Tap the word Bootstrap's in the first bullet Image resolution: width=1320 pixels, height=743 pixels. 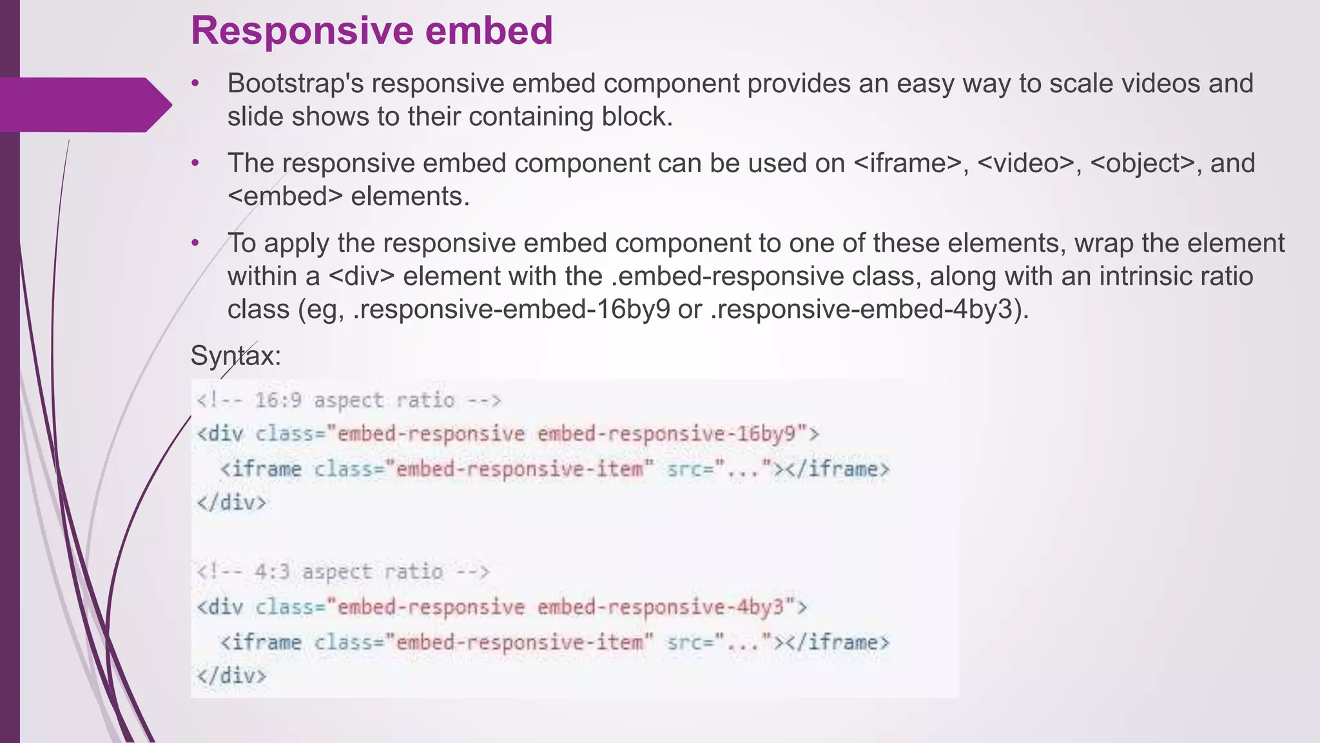pyautogui.click(x=296, y=84)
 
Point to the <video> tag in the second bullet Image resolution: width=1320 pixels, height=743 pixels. pyautogui.click(x=1025, y=163)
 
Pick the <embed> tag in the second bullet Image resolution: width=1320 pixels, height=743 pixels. pyautogui.click(x=285, y=196)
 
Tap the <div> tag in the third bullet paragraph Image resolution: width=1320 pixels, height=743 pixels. pyautogui.click(x=361, y=277)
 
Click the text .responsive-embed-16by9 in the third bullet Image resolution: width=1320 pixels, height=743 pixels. pyautogui.click(x=512, y=310)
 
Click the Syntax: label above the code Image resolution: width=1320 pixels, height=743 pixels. pyautogui.click(x=236, y=355)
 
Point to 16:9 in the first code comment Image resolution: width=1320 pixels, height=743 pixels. pyautogui.click(x=278, y=401)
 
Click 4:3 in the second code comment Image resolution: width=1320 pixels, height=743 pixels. pyautogui.click(x=272, y=571)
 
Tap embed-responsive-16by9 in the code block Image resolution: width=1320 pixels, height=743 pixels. pyautogui.click(x=672, y=433)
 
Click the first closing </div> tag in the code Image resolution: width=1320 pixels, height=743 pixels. pyautogui.click(x=231, y=502)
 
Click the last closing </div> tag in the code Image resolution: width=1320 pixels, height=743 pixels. pyautogui.click(x=231, y=675)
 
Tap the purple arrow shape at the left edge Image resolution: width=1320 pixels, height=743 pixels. pyautogui.click(x=84, y=104)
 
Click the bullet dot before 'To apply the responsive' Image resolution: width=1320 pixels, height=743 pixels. pyautogui.click(x=195, y=243)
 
